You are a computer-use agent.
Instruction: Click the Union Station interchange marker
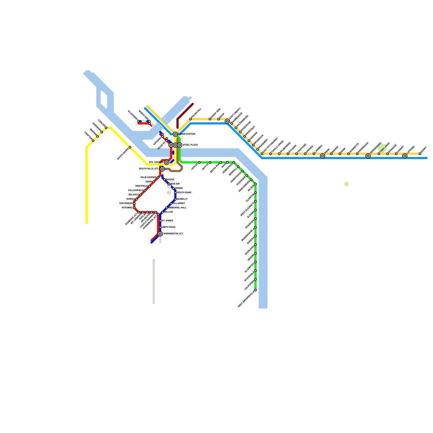[175, 134]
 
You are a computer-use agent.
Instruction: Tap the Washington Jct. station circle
[160, 234]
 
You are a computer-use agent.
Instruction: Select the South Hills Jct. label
[149, 169]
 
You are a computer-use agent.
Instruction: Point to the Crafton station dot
[93, 141]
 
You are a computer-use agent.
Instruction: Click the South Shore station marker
[130, 147]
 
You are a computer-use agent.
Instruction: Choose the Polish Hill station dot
[191, 119]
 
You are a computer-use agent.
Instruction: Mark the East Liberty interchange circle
[227, 121]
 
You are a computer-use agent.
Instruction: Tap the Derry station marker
[420, 154]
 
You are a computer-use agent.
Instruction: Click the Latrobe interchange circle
[405, 156]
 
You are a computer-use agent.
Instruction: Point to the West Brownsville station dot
[255, 290]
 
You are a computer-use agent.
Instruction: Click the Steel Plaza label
[190, 145]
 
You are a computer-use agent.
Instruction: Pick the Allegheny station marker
[139, 121]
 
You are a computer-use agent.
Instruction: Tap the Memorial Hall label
[178, 208]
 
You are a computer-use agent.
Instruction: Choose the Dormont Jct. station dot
[139, 212]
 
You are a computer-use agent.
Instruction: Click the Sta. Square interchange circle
[167, 162]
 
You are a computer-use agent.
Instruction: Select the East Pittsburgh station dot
[262, 154]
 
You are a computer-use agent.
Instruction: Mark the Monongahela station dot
[255, 227]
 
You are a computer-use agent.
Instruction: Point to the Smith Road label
[169, 227]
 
